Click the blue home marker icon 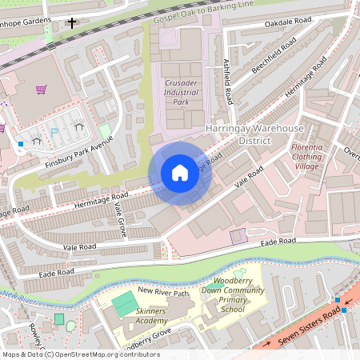click(x=180, y=173)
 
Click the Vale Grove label click(x=119, y=218)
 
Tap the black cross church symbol click(x=73, y=23)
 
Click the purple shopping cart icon click(x=40, y=90)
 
